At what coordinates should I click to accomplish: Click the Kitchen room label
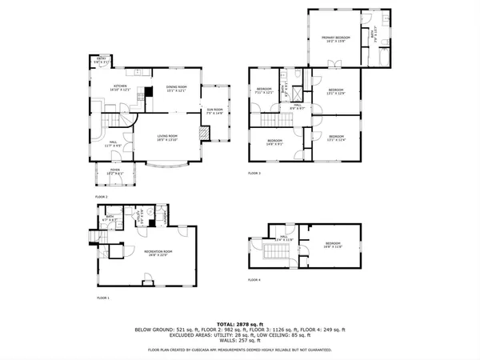click(120, 88)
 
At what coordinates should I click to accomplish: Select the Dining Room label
click(177, 88)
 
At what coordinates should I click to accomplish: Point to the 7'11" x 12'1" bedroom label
click(265, 90)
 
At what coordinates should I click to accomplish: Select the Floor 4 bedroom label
click(332, 245)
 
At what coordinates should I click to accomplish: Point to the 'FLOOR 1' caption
click(102, 298)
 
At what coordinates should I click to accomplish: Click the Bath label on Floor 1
click(111, 218)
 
